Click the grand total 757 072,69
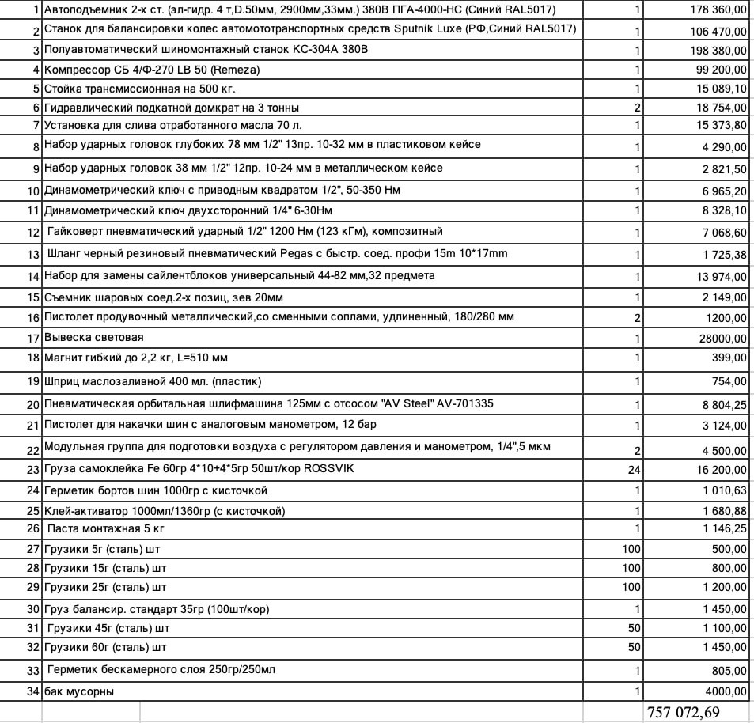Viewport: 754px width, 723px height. tap(683, 712)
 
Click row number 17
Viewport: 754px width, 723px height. tap(33, 338)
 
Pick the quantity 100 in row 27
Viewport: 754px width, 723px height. tap(631, 549)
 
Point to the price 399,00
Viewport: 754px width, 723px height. tap(730, 358)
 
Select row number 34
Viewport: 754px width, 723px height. tap(33, 692)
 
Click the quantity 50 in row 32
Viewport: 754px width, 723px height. tap(634, 648)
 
